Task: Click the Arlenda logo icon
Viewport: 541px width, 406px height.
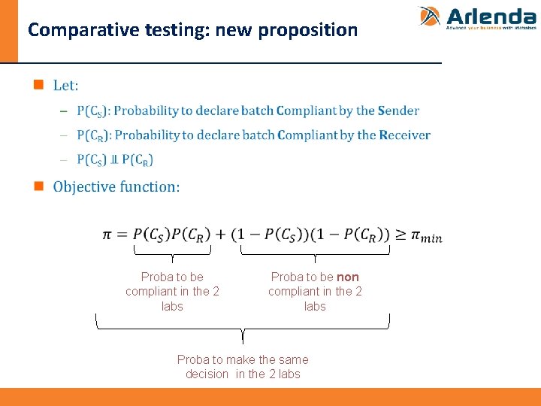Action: (430, 17)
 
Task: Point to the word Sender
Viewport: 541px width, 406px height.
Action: (398, 111)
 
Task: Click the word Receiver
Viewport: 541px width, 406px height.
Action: (404, 135)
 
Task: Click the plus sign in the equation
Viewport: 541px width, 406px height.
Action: (221, 235)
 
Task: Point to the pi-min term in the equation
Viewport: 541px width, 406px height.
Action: (426, 236)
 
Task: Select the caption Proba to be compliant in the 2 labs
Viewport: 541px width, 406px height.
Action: (172, 292)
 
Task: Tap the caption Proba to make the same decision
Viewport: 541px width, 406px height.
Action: (243, 367)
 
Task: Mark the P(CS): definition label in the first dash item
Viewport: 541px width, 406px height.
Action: (92, 111)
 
